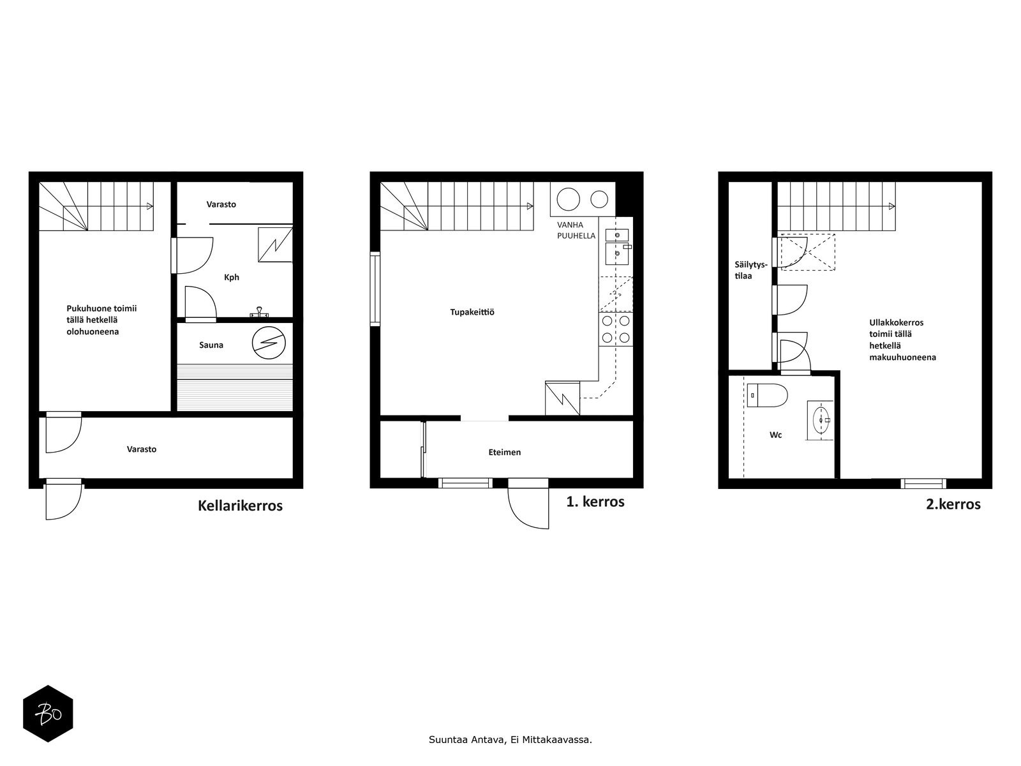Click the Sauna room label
(x=211, y=345)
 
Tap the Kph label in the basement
(x=232, y=277)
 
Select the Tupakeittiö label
(x=472, y=312)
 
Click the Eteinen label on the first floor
(x=505, y=452)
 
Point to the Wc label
(x=775, y=435)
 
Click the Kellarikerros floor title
(x=240, y=506)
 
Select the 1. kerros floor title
(x=595, y=502)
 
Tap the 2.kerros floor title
(x=953, y=504)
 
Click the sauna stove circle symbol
(x=269, y=343)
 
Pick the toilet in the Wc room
(x=767, y=395)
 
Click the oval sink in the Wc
(x=821, y=420)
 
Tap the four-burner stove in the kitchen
(x=616, y=329)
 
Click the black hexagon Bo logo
(x=48, y=714)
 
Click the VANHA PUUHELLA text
(x=576, y=230)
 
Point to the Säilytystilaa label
(x=750, y=270)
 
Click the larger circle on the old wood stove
(x=569, y=200)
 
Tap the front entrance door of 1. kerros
(x=528, y=504)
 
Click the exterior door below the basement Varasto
(x=64, y=500)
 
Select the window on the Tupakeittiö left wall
(x=375, y=289)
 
